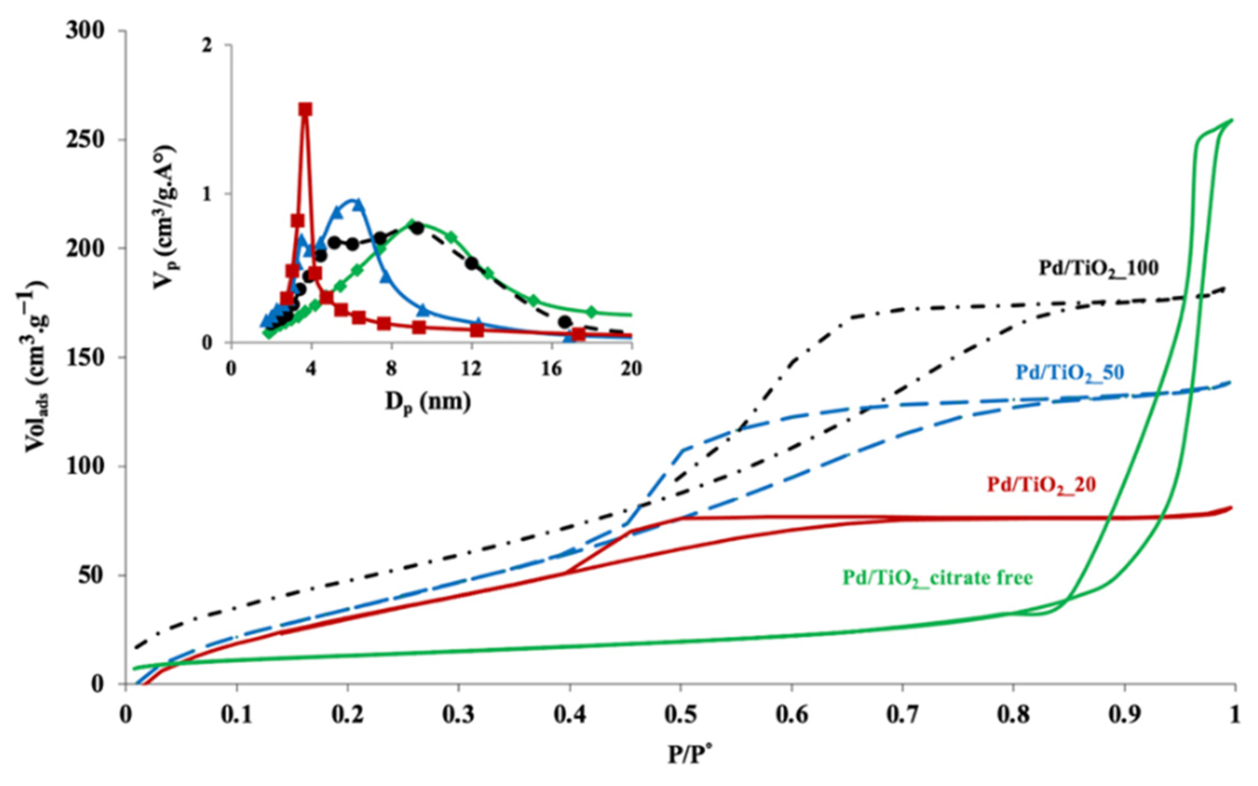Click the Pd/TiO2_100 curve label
tap(1099, 268)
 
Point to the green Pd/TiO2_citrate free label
tap(937, 578)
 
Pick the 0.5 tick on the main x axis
tap(681, 715)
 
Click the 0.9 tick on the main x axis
tap(1124, 715)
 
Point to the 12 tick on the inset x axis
tap(471, 369)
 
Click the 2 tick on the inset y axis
tap(207, 46)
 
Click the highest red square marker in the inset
tap(305, 109)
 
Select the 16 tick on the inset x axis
tap(551, 369)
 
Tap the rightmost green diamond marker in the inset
tap(592, 312)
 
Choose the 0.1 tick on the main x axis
tap(237, 715)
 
